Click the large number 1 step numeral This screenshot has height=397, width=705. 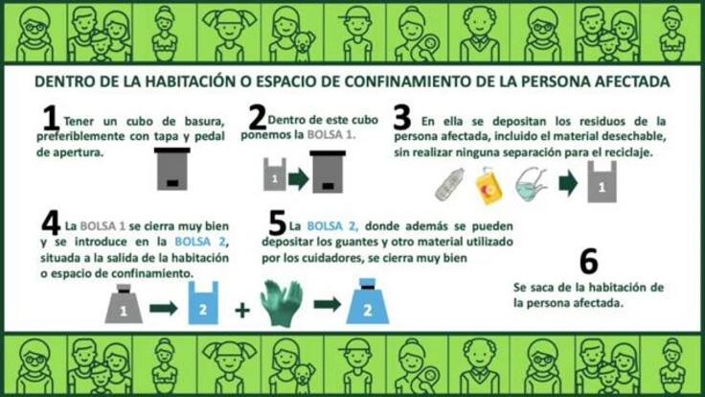click(x=52, y=118)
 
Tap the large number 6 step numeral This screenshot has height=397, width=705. click(x=588, y=261)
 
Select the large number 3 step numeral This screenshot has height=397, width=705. click(x=402, y=117)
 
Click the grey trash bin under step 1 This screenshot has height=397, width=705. click(x=172, y=169)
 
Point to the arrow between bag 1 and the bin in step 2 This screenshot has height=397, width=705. click(x=299, y=178)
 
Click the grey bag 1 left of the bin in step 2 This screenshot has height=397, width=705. click(x=275, y=175)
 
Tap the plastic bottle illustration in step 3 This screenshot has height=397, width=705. click(x=449, y=184)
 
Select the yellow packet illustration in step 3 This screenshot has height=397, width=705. click(x=489, y=186)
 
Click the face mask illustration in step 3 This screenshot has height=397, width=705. click(x=532, y=184)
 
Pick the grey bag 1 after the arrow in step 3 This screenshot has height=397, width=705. click(x=603, y=182)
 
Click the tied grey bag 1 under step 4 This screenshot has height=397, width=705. click(x=124, y=304)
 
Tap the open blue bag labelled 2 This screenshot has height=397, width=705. click(x=203, y=303)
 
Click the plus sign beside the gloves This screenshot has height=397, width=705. click(x=242, y=310)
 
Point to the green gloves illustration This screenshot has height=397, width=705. click(x=282, y=302)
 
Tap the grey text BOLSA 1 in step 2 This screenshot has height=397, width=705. click(x=330, y=134)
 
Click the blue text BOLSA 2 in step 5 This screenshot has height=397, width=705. click(x=332, y=226)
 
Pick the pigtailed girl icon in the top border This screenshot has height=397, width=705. click(x=229, y=33)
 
